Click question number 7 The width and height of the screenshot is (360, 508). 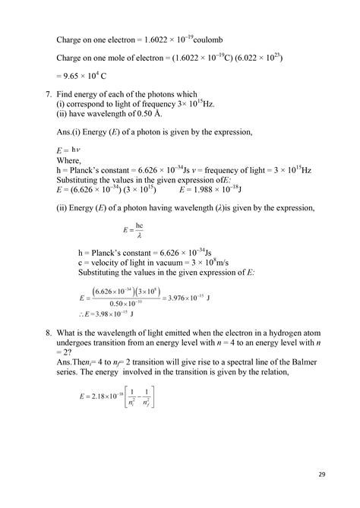pos(49,94)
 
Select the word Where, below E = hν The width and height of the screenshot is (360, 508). pos(71,160)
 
